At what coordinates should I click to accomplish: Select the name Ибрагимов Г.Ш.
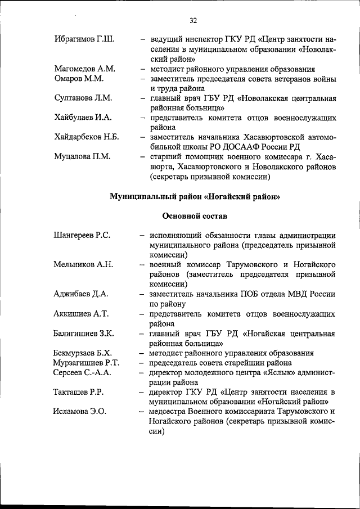(84, 39)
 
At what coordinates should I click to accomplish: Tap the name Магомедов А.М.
(85, 69)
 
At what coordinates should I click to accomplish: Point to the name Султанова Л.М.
(83, 98)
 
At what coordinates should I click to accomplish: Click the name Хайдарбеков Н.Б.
(87, 137)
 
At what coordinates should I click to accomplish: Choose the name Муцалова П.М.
(82, 157)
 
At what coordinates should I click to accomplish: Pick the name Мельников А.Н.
(83, 264)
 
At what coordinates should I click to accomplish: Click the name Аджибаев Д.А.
(82, 294)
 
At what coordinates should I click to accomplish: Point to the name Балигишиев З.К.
(84, 334)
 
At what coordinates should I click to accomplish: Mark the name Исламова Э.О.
(80, 412)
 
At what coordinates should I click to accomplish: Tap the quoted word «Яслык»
(272, 372)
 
